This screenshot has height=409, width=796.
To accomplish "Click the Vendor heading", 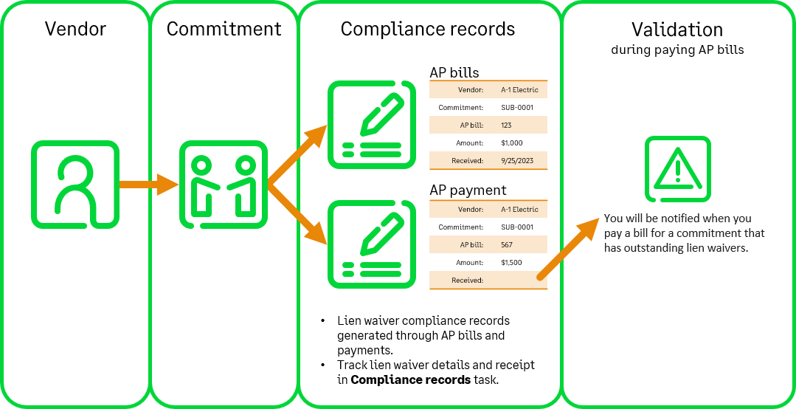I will [x=75, y=29].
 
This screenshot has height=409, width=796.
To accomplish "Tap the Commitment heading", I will [x=224, y=29].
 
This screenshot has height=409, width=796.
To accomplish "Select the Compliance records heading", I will [x=428, y=29].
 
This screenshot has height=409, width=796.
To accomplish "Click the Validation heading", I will [x=677, y=30].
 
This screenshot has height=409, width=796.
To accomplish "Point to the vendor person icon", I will [x=75, y=185].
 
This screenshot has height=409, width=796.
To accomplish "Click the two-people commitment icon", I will [x=224, y=185].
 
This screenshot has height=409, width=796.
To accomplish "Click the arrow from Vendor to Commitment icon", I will [x=148, y=184].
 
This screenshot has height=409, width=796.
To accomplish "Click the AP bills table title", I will [x=454, y=72].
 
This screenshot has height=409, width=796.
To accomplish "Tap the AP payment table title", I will [x=468, y=190].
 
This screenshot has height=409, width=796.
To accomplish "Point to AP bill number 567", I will [x=506, y=245].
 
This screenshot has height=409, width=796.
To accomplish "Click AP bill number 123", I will [x=506, y=126].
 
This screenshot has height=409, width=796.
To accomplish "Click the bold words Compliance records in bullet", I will [x=410, y=380].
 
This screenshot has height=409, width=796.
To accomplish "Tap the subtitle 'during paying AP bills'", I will [x=677, y=50].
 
